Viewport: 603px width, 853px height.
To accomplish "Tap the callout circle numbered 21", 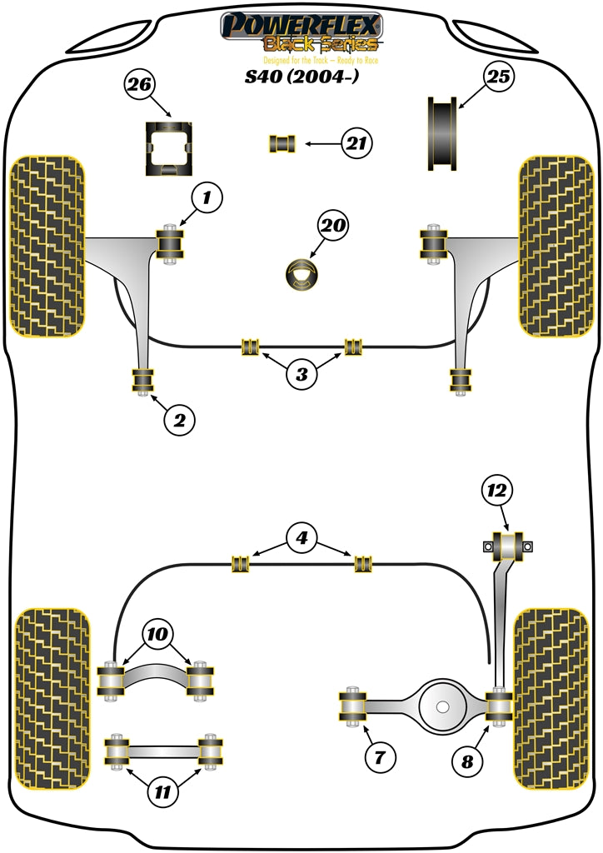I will pos(357,144).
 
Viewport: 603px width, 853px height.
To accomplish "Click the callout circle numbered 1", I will pos(208,198).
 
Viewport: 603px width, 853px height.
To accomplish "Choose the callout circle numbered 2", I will pos(178,421).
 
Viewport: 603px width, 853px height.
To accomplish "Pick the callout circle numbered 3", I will pos(301,374).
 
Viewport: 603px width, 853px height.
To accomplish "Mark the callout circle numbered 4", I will pos(302,537).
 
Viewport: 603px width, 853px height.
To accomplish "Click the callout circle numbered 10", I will pos(158,634).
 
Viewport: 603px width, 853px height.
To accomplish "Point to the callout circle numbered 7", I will pos(379,758).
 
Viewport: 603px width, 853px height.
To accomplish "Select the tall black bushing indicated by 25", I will pos(444,133).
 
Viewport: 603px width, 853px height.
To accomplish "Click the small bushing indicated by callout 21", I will pos(282,143).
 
